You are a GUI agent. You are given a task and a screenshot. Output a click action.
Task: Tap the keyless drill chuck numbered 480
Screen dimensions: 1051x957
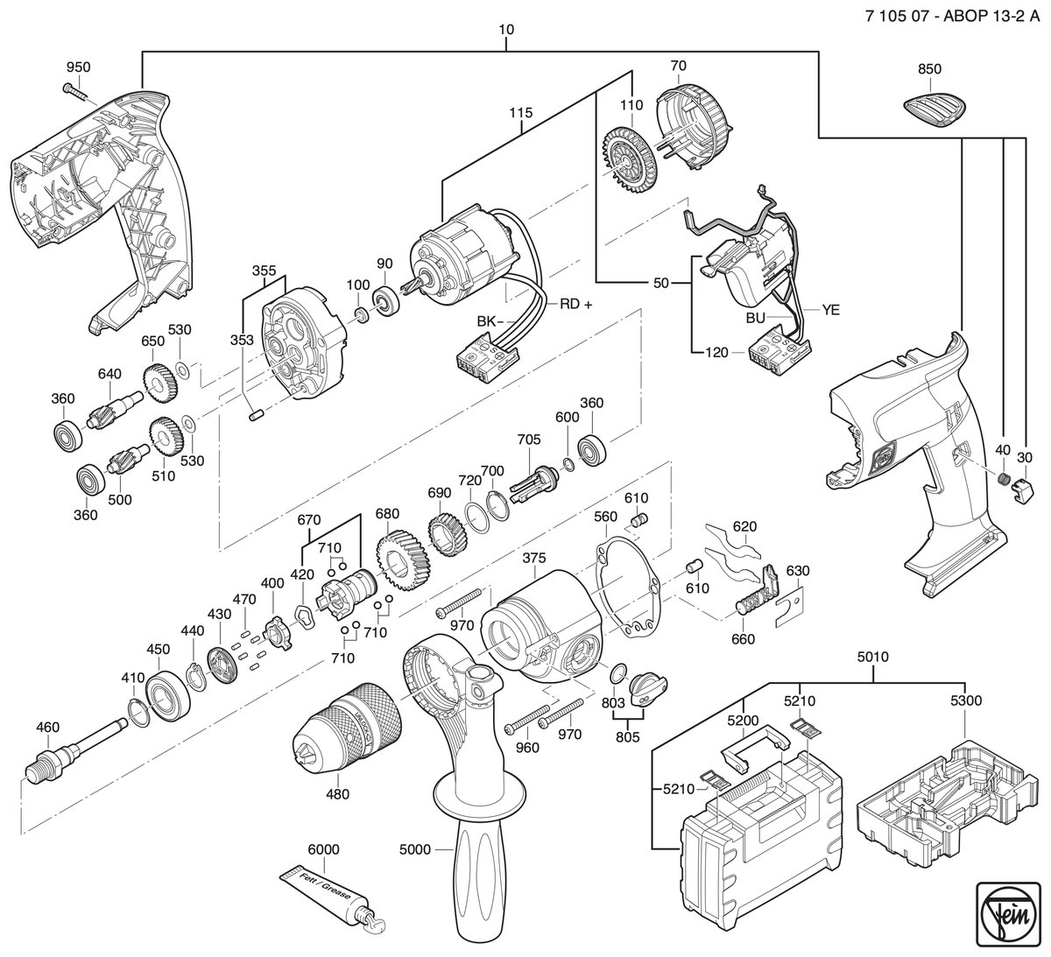348,728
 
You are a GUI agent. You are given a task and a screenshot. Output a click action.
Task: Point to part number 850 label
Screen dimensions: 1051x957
929,69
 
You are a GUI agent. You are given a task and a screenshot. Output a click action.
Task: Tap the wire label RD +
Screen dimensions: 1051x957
575,305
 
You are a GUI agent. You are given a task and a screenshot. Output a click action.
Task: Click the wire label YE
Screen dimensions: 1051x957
830,310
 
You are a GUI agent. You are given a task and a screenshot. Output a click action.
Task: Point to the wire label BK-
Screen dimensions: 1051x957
490,321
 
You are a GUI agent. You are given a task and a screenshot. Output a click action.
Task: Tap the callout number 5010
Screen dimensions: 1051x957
873,657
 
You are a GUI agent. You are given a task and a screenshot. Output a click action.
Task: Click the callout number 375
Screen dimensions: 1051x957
534,558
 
